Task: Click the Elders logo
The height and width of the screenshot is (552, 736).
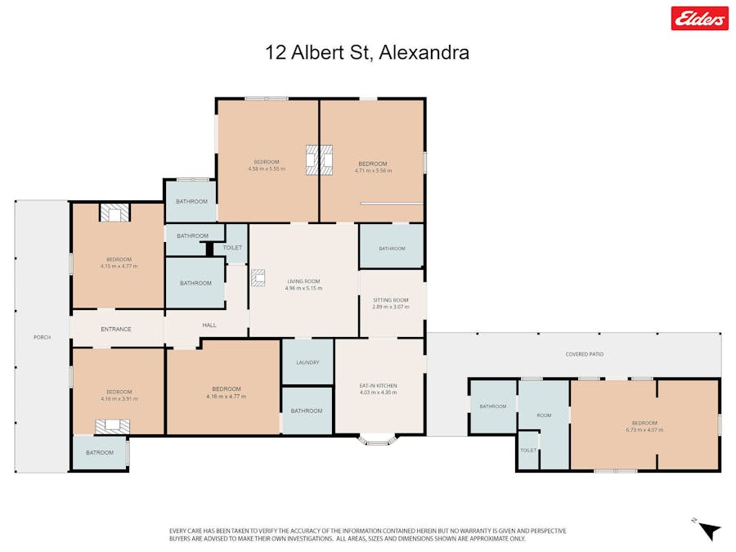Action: tap(699, 18)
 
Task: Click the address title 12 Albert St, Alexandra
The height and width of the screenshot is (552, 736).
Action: tap(367, 53)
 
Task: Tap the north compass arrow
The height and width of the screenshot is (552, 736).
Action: tap(709, 530)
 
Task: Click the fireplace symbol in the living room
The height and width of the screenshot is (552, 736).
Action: tap(258, 278)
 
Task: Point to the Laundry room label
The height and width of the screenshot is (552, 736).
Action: tap(307, 362)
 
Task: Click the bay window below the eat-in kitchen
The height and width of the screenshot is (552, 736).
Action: tap(379, 440)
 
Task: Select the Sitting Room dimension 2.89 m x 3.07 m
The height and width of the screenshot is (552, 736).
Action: tap(390, 307)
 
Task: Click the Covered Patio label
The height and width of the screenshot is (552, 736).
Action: tap(584, 354)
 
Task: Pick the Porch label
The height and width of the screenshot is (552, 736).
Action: tap(42, 337)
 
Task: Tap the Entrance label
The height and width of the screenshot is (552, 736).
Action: tap(116, 329)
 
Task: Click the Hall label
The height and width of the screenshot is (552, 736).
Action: tap(209, 325)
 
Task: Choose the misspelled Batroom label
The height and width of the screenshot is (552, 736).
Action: tap(100, 452)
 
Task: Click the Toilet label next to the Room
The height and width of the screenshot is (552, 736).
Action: tap(528, 451)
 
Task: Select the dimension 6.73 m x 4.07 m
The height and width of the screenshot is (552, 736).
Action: tap(644, 429)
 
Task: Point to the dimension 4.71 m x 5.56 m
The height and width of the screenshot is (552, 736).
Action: tap(373, 171)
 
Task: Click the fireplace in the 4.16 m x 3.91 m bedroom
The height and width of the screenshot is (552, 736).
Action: tap(112, 426)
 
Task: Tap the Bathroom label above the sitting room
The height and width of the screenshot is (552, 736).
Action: tap(392, 249)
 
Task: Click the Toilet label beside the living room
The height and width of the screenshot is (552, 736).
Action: tap(233, 247)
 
